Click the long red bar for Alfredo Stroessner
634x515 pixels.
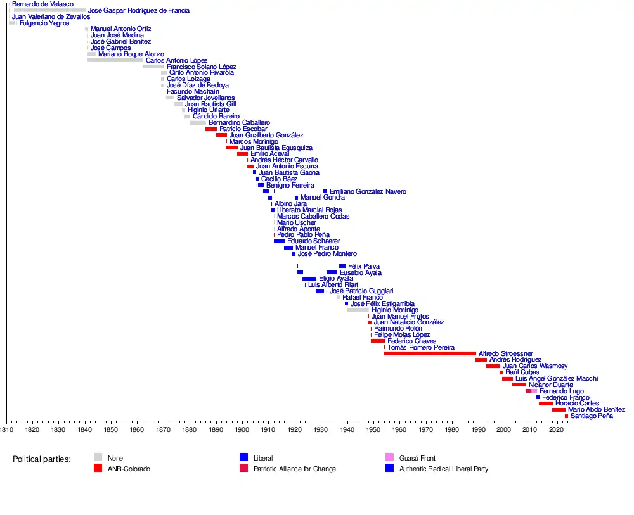[x=429, y=353]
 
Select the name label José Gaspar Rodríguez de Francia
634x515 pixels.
[x=139, y=11]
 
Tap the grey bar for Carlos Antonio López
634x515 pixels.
[x=115, y=60]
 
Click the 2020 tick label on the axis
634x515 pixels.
[x=556, y=430]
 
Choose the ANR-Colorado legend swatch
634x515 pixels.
[x=98, y=469]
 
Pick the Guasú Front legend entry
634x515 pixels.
[x=418, y=458]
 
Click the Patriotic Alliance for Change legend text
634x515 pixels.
[x=294, y=469]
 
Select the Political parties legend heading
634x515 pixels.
[x=41, y=459]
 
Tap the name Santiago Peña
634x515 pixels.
[x=592, y=416]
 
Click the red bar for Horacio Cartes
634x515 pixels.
[x=545, y=404]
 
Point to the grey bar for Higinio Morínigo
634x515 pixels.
[x=358, y=310]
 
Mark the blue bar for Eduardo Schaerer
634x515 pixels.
[x=279, y=241]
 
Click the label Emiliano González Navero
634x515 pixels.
[x=368, y=191]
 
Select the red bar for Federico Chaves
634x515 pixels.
[x=377, y=341]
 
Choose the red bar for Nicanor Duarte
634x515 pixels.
[x=519, y=385]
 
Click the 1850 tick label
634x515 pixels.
[x=111, y=430]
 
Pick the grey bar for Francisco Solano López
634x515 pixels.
[x=153, y=67]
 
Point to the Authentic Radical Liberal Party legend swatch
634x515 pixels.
[x=389, y=469]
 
